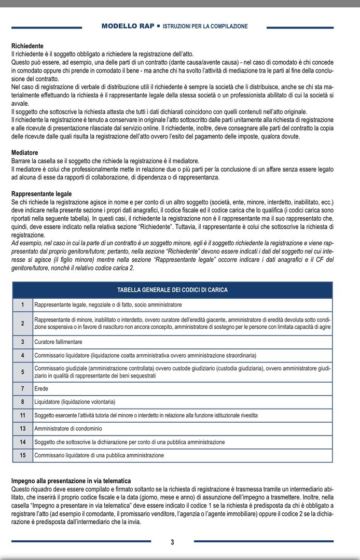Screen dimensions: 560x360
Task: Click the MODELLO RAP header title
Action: (128, 26)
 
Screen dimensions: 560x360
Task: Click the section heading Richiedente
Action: (27, 46)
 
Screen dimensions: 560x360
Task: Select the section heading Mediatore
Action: (25, 153)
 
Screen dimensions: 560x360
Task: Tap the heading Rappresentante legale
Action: (41, 193)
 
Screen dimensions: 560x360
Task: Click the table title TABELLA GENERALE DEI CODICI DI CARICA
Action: (173, 290)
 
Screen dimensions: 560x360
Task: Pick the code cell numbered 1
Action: (23, 304)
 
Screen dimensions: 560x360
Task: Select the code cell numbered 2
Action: (23, 324)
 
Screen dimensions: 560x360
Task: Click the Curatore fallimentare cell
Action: (58, 342)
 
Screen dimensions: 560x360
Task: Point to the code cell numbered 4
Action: (23, 356)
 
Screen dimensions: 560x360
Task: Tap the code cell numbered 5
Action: (23, 372)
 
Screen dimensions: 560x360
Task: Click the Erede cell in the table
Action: (41, 388)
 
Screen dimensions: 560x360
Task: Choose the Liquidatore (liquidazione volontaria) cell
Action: (75, 402)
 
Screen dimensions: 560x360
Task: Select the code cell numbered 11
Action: (23, 415)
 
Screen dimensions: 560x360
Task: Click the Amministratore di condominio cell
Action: (68, 429)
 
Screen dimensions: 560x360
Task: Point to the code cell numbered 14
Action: (23, 442)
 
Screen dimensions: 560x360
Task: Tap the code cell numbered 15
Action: (23, 456)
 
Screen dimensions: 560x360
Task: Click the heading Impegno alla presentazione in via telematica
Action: (71, 481)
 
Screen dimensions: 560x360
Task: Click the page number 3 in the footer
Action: (173, 542)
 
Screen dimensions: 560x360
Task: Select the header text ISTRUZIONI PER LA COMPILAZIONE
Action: (205, 26)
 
